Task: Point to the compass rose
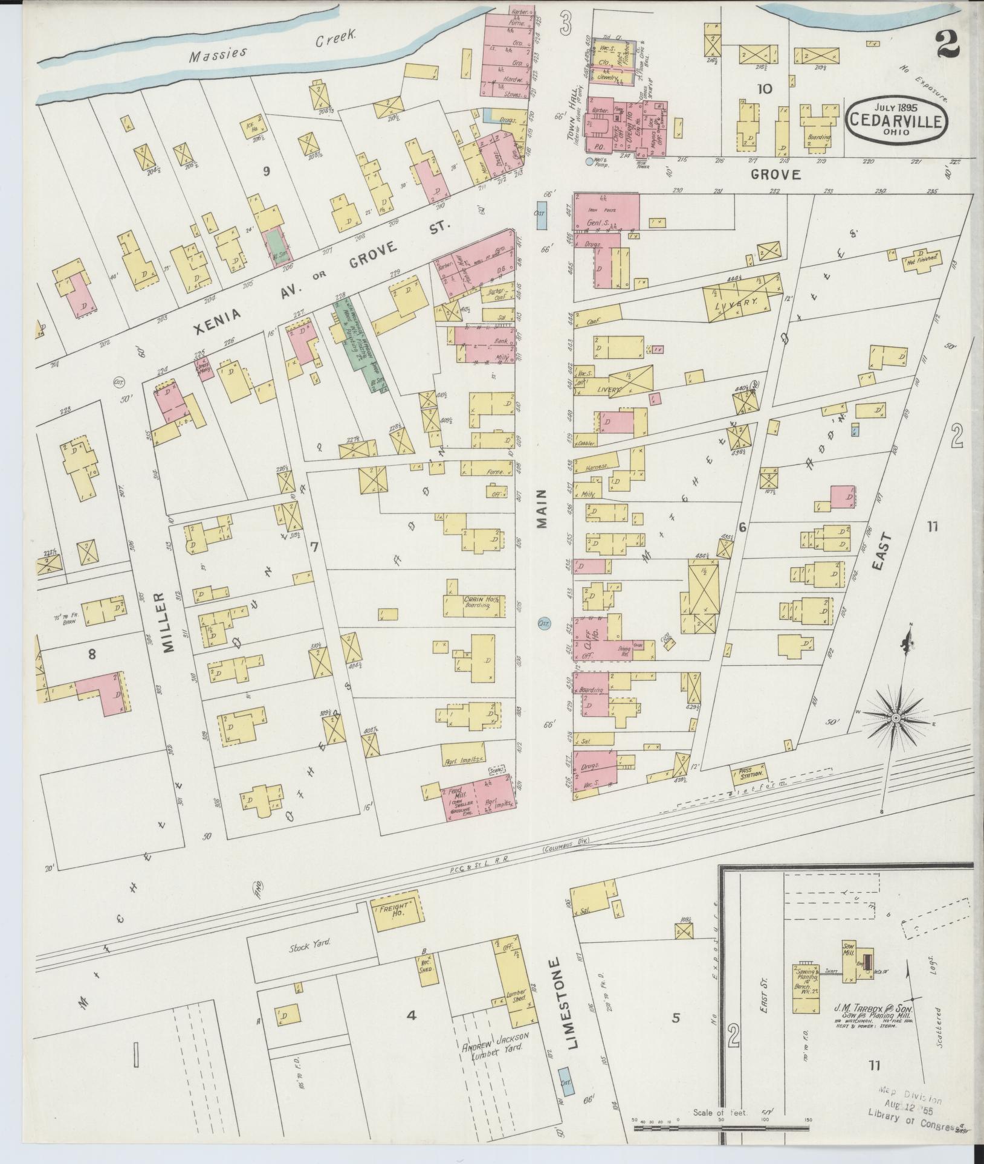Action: (x=896, y=717)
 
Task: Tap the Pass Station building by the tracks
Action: (x=749, y=773)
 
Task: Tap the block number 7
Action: (x=313, y=548)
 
